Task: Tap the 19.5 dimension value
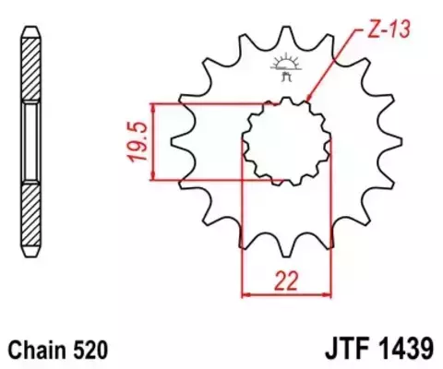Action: pos(138,141)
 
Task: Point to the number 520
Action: pos(95,351)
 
